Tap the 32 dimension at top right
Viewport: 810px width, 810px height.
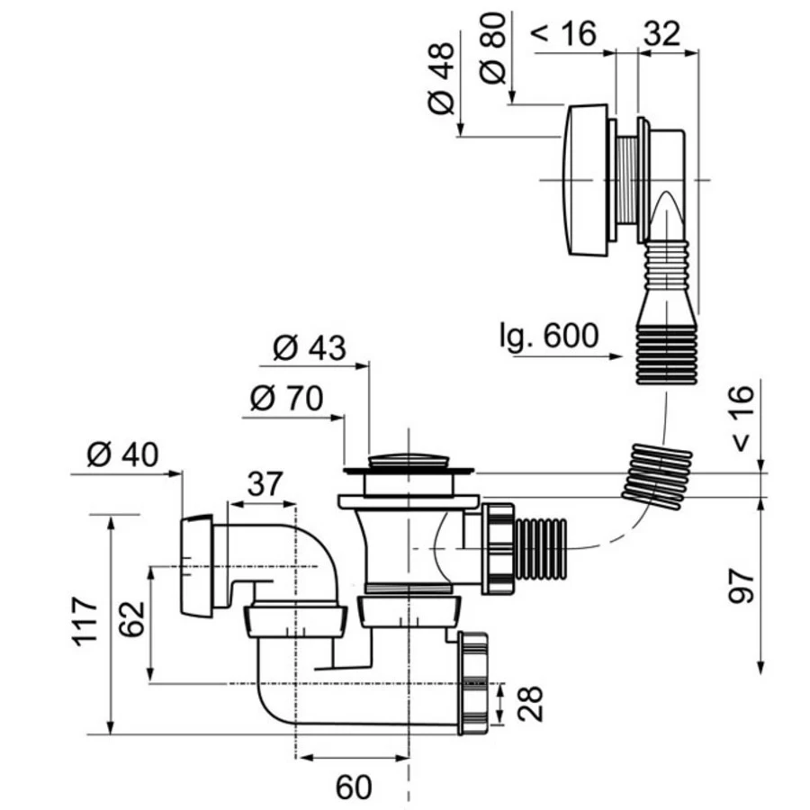[661, 33]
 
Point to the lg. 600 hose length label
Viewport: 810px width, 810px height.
[548, 336]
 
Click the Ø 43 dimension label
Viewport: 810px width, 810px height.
[309, 347]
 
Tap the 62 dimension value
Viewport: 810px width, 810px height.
[133, 619]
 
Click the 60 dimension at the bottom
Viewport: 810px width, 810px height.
[354, 787]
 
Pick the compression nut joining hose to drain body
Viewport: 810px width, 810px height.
[497, 548]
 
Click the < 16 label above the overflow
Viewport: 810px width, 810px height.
[565, 33]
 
